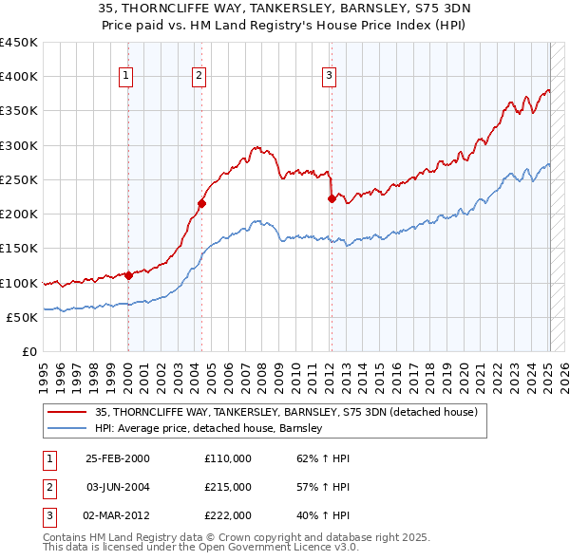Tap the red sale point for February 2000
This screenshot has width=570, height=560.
point(128,275)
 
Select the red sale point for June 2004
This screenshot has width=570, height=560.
point(201,203)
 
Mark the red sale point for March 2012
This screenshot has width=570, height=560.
point(332,198)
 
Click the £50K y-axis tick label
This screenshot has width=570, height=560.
point(21,317)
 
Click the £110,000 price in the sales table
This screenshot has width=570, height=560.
point(228,458)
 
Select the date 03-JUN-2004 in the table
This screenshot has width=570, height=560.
point(118,487)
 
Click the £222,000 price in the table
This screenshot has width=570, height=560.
point(228,515)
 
